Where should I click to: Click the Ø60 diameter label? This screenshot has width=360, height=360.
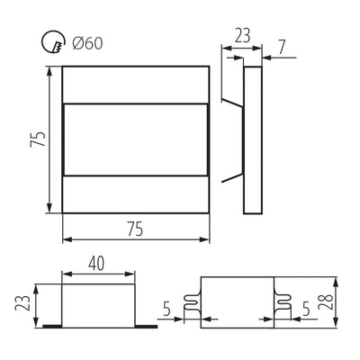point(87,44)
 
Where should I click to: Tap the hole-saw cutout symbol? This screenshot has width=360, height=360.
point(53,41)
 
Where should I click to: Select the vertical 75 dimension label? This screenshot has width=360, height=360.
point(38,139)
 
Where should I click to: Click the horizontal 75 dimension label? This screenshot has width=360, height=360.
point(135,229)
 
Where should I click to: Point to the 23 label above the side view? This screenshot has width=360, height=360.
point(242,35)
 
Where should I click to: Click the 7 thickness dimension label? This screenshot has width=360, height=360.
point(282,47)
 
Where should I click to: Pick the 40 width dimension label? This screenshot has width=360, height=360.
point(96,264)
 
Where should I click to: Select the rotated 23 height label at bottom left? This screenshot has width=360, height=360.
point(23,303)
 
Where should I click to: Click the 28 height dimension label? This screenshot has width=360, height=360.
point(326,302)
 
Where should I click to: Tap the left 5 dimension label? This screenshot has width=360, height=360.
point(166,309)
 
